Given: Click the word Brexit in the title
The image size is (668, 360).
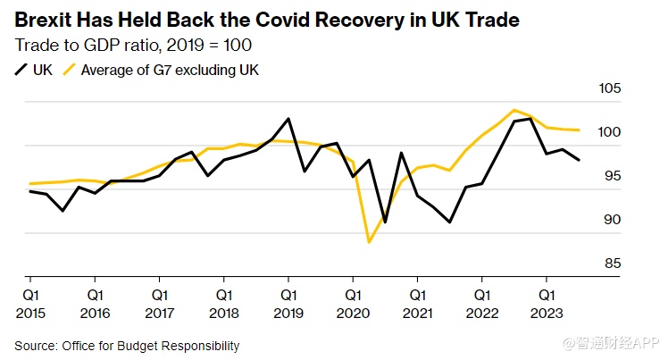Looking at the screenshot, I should pos(44,19).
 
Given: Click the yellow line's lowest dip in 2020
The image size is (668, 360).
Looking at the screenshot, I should pos(369,241).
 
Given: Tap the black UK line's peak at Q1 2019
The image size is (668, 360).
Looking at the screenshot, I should pos(288,119).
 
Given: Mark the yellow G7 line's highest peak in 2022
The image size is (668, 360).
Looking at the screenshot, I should pos(514,111).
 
